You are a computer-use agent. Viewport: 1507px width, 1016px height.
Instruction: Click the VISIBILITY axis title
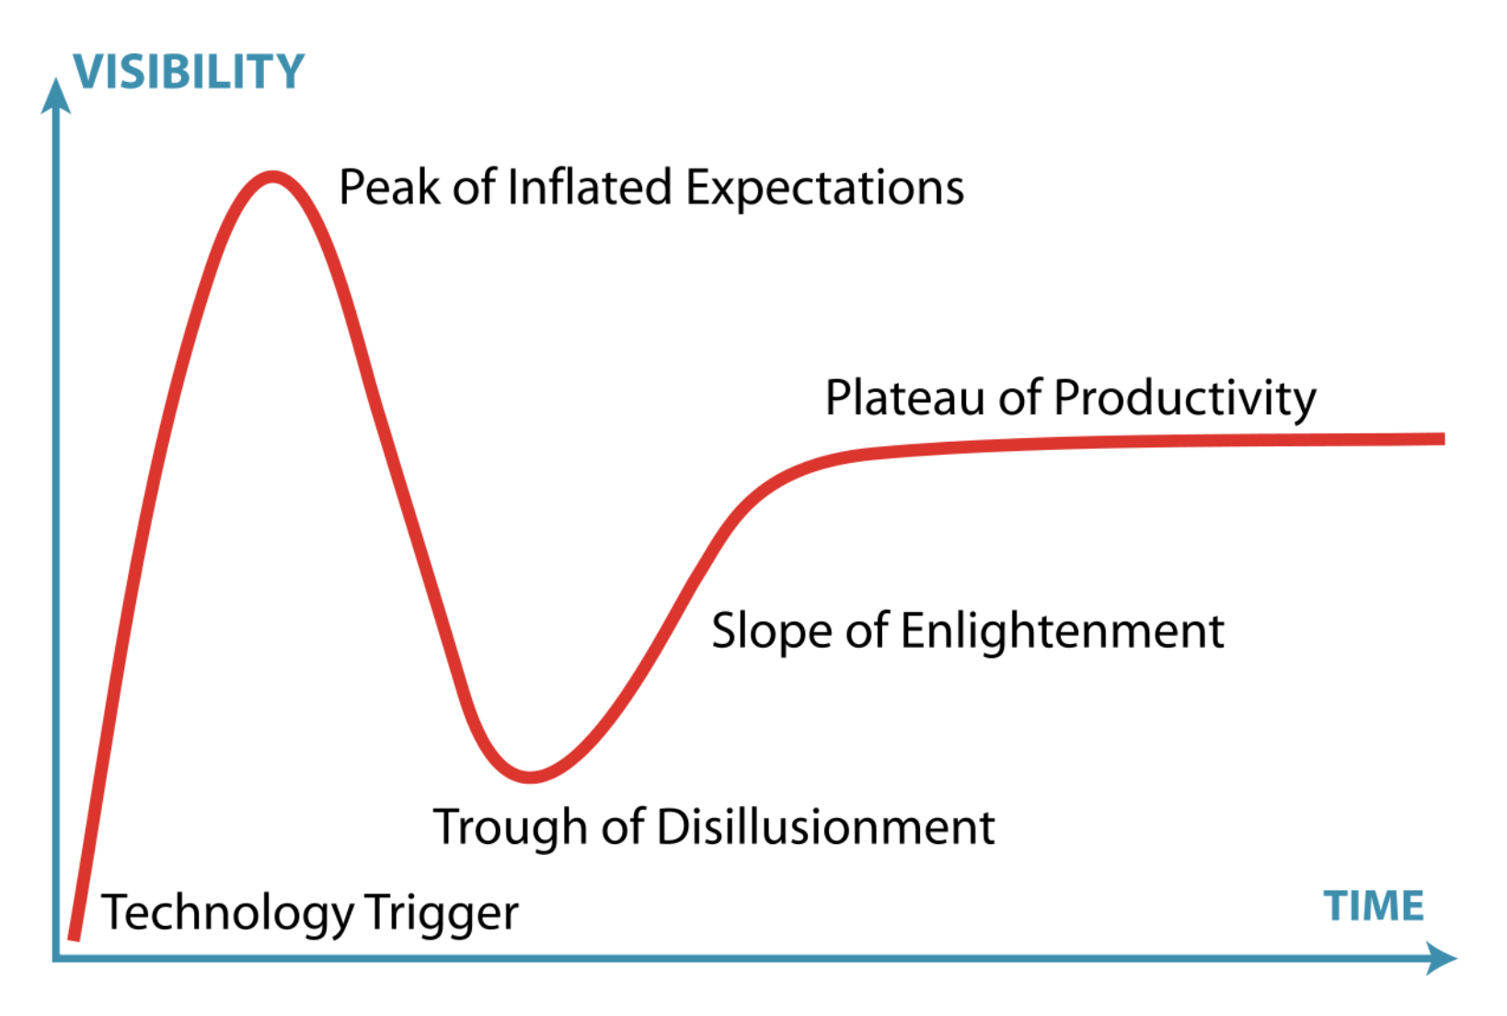coord(189,71)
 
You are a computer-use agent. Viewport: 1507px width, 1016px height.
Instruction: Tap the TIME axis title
coord(1374,906)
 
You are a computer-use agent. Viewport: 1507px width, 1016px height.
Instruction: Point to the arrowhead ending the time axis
coord(1441,958)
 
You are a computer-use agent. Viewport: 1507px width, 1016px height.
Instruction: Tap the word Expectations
coord(825,189)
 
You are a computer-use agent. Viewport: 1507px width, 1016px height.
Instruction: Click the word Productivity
coord(1185,399)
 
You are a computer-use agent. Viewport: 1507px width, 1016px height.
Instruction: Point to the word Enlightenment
coord(1063,632)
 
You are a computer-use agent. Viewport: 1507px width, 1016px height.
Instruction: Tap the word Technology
coord(227,914)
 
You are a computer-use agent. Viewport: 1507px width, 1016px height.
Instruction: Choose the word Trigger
coord(442,914)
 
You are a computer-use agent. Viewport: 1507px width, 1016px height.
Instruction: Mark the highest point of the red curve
coord(271,177)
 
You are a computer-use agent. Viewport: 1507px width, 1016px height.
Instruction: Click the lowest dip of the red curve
coord(530,777)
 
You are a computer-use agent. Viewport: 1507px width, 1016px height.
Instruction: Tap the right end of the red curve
coord(1444,439)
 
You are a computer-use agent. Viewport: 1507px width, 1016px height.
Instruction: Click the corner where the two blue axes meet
coord(56,958)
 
